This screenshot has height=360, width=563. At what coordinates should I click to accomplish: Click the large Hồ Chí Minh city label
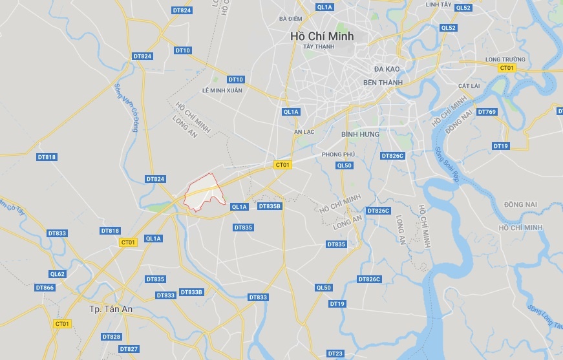pos(322,36)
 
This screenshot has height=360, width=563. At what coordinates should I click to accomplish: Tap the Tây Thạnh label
pos(319,47)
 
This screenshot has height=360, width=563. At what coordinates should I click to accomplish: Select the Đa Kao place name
pos(388,69)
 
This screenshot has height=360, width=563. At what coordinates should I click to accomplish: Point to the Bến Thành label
pos(383,83)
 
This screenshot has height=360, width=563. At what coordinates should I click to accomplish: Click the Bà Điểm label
pos(291,19)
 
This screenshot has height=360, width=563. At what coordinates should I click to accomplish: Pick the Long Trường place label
pos(505,59)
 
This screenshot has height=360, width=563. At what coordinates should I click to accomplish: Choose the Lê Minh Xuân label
pos(222,90)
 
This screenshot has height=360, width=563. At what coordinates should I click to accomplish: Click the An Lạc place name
pos(304,132)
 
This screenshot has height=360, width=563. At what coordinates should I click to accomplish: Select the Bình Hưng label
pos(360,134)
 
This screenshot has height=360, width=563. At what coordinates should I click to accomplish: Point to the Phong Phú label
pos(339,154)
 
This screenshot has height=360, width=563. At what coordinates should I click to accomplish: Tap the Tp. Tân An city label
pos(111,310)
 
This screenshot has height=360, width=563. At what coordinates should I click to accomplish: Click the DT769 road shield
pos(487,112)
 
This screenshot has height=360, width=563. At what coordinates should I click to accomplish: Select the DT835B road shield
pos(270,206)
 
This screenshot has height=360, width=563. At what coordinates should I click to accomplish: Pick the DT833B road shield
pos(191,292)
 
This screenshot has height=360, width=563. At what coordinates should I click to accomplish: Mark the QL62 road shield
pos(58,274)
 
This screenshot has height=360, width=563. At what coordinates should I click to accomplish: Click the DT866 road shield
pos(45,288)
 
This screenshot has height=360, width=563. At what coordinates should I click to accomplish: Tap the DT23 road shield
pos(335,354)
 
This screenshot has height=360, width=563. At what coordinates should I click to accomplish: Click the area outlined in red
pos(205,192)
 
